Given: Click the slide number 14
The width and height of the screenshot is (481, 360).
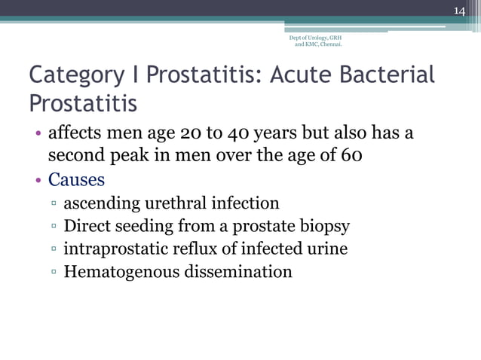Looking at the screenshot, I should coord(458,10).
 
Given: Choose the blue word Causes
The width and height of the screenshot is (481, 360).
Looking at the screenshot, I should coord(76,181).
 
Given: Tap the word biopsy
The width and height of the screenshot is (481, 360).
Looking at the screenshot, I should coord(323,226).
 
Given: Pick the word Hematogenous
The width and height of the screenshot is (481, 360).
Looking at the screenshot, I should coord(120,271).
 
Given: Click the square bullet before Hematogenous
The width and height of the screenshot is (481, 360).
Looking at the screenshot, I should coord(54,272).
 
